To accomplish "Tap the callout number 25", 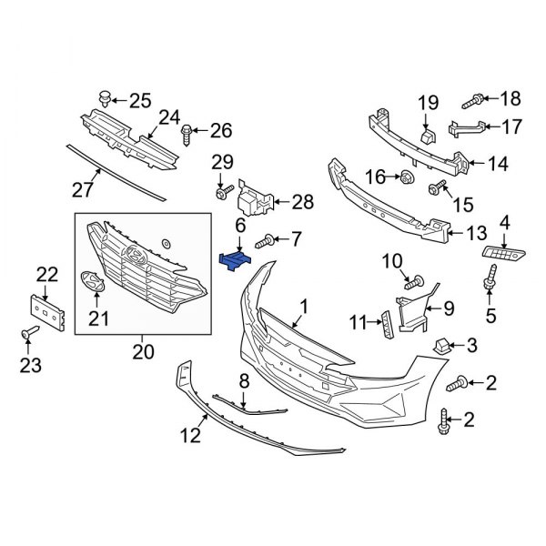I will click(x=140, y=99).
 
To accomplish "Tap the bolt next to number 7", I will click(x=266, y=241).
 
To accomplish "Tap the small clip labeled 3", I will click(x=443, y=344).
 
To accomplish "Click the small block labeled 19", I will click(x=428, y=136).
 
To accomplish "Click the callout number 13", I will click(x=477, y=234).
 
